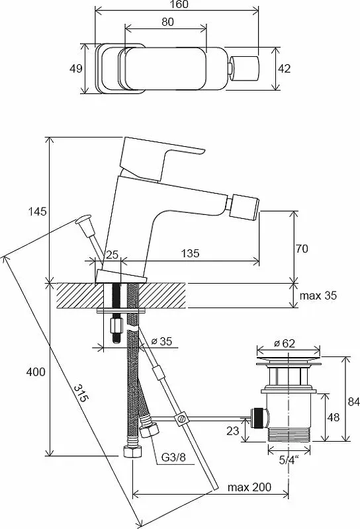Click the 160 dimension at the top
[179, 5]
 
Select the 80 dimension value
[167, 22]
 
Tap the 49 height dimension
[75, 69]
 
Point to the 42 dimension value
[284, 69]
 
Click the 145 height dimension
[37, 212]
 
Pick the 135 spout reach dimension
[190, 253]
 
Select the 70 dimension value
[302, 249]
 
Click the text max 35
[318, 296]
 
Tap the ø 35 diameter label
[161, 341]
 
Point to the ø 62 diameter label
[285, 343]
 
